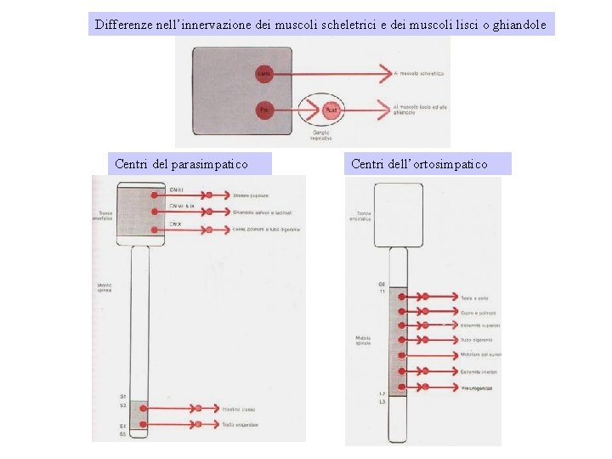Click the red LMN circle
click(263, 74)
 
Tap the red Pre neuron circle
click(263, 110)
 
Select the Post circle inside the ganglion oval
click(331, 110)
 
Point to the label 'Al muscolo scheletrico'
click(418, 74)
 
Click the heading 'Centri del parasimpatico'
click(181, 163)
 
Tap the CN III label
click(178, 189)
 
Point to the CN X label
click(175, 224)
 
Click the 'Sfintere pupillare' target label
click(251, 195)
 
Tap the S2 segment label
click(124, 405)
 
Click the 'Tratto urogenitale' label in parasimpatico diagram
click(240, 423)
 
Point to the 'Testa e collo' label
click(475, 297)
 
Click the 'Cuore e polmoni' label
click(479, 312)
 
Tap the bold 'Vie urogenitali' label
click(479, 388)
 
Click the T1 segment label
click(382, 292)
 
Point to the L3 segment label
click(382, 402)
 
